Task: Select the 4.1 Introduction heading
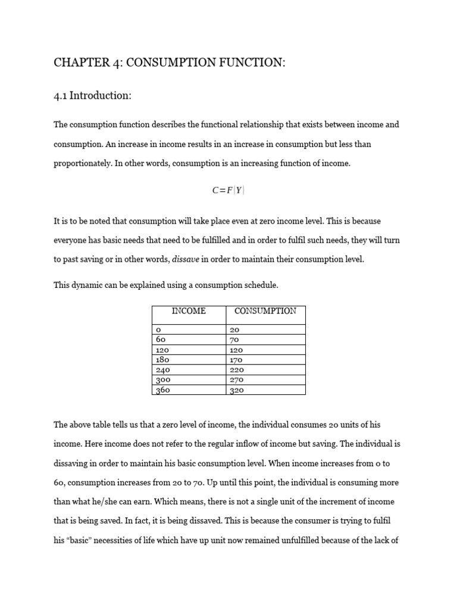pyautogui.click(x=92, y=95)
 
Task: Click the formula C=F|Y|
pyautogui.click(x=228, y=190)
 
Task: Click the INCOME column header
pyautogui.click(x=189, y=311)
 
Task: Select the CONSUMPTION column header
pyautogui.click(x=265, y=311)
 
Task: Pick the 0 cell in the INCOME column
pyautogui.click(x=158, y=329)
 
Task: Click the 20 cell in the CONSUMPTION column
pyautogui.click(x=234, y=329)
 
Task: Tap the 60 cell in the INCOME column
pyautogui.click(x=160, y=340)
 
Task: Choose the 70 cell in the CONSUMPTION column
pyautogui.click(x=234, y=340)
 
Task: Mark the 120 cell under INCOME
pyautogui.click(x=162, y=350)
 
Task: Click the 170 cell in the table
pyautogui.click(x=236, y=360)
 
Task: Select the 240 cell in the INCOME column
pyautogui.click(x=162, y=370)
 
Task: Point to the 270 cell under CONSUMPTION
pyautogui.click(x=236, y=380)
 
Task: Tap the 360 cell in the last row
pyautogui.click(x=162, y=390)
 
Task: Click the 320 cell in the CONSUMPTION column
pyautogui.click(x=236, y=390)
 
